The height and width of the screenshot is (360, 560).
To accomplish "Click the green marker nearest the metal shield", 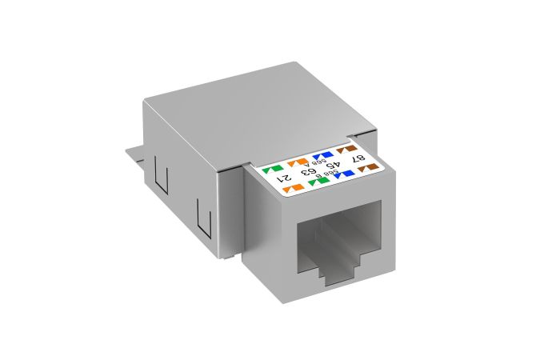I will click(268, 169).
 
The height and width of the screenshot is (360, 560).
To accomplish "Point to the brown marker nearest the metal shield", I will click(346, 148).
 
